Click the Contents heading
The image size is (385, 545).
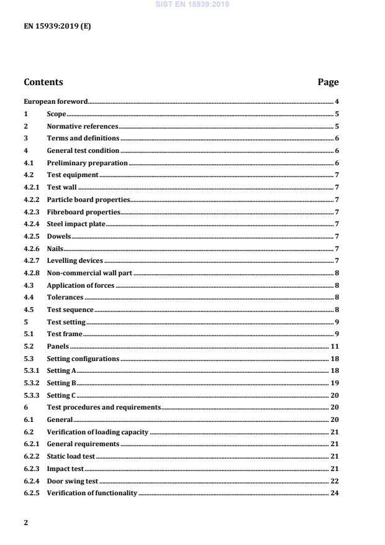(x=43, y=82)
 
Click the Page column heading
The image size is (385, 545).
(x=328, y=82)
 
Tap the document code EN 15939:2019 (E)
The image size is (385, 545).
(x=57, y=27)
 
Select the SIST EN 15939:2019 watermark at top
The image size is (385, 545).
(x=192, y=4)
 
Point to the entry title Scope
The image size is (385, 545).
(x=57, y=114)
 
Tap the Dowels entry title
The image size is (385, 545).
(x=59, y=236)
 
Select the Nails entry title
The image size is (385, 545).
(x=55, y=249)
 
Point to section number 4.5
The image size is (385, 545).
(x=29, y=309)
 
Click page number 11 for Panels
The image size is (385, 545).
(x=334, y=346)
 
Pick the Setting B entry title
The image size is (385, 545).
(x=61, y=383)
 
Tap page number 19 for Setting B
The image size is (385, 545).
(x=334, y=383)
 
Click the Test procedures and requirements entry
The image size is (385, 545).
(x=103, y=407)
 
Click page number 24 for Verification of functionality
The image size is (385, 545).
(x=334, y=493)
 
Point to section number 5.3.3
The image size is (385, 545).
(x=32, y=395)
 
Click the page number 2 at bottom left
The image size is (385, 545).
(x=25, y=523)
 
